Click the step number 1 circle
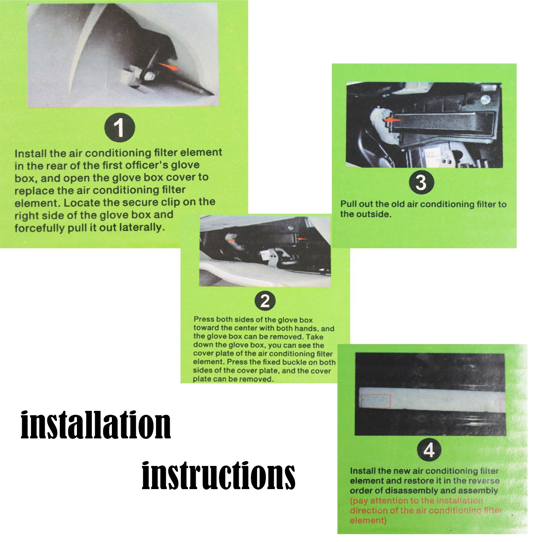pyautogui.click(x=119, y=127)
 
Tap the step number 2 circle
pyautogui.click(x=265, y=301)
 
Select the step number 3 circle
pyautogui.click(x=421, y=182)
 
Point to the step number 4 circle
pyautogui.click(x=429, y=451)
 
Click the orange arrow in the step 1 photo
pyautogui.click(x=168, y=66)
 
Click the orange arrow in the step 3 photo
pyautogui.click(x=393, y=119)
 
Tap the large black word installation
pyautogui.click(x=96, y=425)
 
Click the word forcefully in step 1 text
pyautogui.click(x=40, y=228)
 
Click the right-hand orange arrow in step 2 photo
pyautogui.click(x=302, y=239)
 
